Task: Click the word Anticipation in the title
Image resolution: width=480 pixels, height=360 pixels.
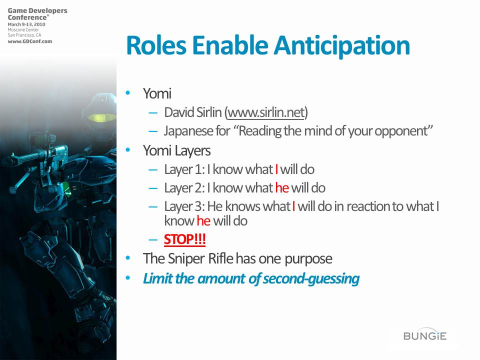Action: pos(341,46)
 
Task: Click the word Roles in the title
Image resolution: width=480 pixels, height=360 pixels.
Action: pos(156,45)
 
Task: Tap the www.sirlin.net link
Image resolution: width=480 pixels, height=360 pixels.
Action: pos(266,112)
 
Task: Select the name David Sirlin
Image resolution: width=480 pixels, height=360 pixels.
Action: pos(192,112)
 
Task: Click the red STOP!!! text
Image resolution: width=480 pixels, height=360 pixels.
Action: pos(184,239)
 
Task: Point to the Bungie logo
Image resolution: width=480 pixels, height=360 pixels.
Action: pos(425,335)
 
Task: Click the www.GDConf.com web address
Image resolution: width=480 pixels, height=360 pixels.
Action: pos(30,41)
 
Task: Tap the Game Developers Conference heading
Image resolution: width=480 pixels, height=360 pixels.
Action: pos(37,14)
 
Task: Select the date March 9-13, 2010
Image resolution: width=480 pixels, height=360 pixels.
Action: pos(26,24)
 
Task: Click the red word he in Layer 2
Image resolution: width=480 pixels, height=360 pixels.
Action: pos(282,187)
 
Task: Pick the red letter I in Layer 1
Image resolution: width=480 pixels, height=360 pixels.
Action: pos(276,169)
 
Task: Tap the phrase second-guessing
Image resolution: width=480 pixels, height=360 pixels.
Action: pos(311,279)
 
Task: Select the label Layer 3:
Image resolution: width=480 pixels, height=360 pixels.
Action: pos(184,206)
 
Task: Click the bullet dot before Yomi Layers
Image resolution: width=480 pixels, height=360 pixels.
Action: pos(128,150)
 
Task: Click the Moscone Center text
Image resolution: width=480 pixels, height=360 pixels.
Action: pos(23,30)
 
